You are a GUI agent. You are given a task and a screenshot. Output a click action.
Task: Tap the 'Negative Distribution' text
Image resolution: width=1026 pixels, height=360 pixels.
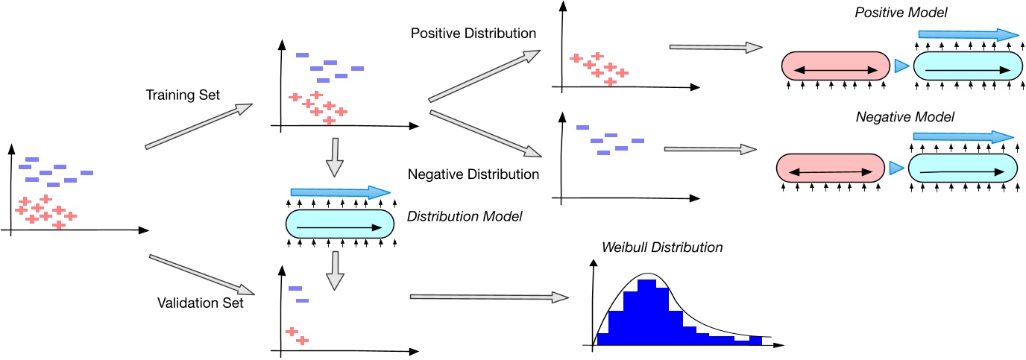[x=473, y=174]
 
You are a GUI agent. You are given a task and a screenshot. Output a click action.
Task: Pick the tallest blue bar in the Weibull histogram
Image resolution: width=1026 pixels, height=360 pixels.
[x=647, y=312]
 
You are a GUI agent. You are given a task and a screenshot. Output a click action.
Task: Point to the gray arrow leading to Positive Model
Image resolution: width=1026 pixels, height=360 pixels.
[x=715, y=48]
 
